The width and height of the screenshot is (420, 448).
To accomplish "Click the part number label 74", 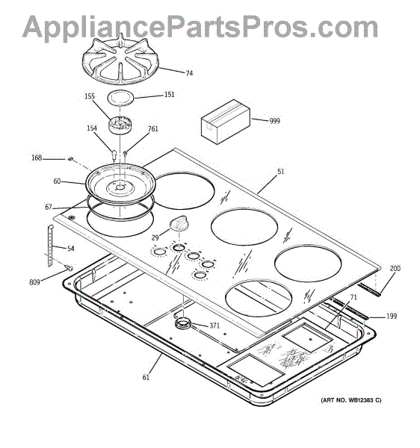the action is (189, 73).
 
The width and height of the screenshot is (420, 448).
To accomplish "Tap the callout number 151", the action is (169, 94).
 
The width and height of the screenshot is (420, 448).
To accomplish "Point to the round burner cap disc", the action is (120, 98).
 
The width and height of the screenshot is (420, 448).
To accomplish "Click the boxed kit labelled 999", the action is (226, 122).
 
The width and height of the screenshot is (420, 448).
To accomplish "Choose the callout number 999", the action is (274, 121).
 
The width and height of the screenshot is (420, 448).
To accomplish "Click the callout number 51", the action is (281, 172).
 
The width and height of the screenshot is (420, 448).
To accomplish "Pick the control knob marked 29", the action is (179, 223).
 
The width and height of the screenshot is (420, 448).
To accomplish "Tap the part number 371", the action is (214, 326).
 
